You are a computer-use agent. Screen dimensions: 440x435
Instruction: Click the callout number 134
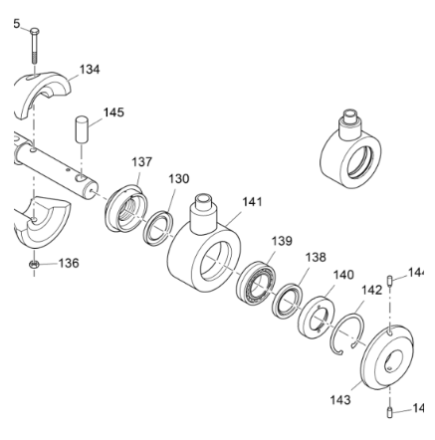pyautogui.click(x=91, y=70)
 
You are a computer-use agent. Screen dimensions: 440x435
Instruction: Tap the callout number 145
pyautogui.click(x=114, y=112)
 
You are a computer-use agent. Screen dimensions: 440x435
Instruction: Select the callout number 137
pyautogui.click(x=142, y=160)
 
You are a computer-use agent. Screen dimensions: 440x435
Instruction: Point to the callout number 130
pyautogui.click(x=179, y=178)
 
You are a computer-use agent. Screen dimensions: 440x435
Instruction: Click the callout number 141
pyautogui.click(x=253, y=201)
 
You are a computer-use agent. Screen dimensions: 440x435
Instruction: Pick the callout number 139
pyautogui.click(x=282, y=241)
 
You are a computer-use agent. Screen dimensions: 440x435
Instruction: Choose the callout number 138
pyautogui.click(x=316, y=257)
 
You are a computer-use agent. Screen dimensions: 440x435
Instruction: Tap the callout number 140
pyautogui.click(x=343, y=275)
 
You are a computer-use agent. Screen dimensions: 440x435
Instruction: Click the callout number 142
pyautogui.click(x=370, y=290)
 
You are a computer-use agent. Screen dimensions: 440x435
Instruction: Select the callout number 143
pyautogui.click(x=340, y=399)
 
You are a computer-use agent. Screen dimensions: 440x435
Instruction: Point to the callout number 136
pyautogui.click(x=69, y=264)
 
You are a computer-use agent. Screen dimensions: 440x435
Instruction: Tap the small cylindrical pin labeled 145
pyautogui.click(x=84, y=130)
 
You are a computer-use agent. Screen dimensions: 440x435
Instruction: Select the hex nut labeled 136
pyautogui.click(x=33, y=265)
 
